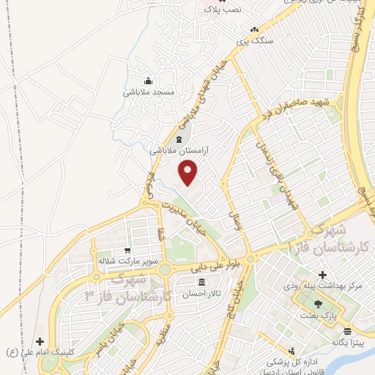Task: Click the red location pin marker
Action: click(x=189, y=173)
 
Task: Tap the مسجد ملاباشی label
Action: click(x=149, y=93)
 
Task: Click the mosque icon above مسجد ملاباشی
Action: click(x=149, y=81)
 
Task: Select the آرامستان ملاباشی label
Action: click(x=179, y=149)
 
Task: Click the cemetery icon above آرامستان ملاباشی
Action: click(x=180, y=138)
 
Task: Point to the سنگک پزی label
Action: click(x=254, y=41)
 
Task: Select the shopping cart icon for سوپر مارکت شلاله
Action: click(x=127, y=250)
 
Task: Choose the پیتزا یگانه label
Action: click(x=348, y=342)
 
